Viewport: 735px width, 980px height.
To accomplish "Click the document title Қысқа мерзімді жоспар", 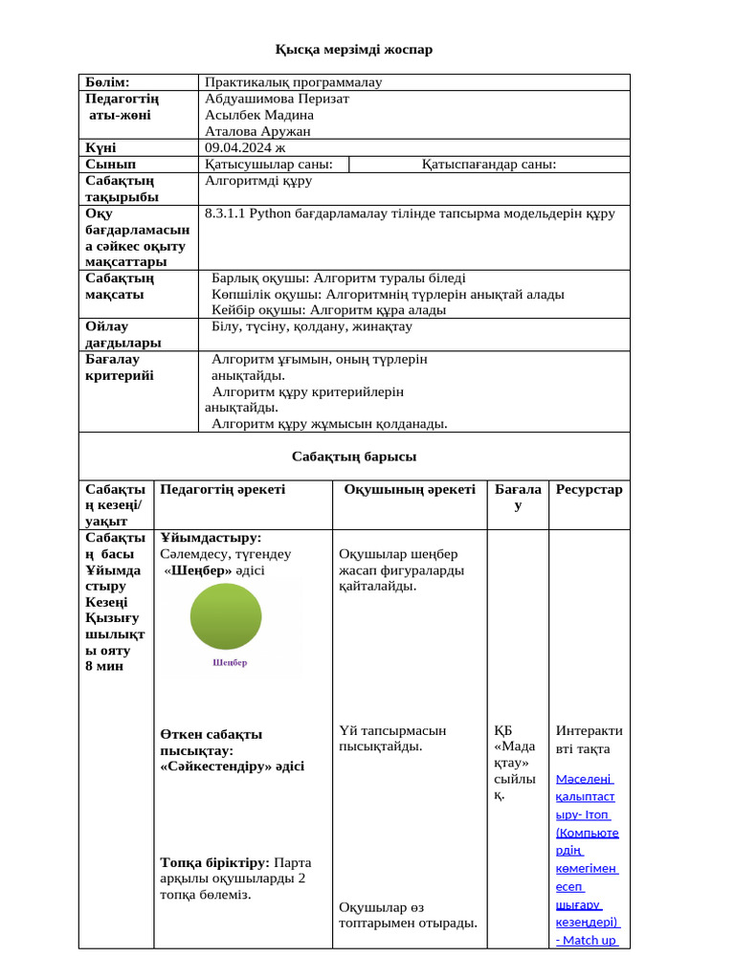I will pos(354,49).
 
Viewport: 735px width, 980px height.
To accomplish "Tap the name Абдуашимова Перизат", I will pos(277,99).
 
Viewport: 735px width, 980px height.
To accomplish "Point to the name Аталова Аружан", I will pos(257,131).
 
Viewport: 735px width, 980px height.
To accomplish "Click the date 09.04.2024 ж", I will pos(245,147).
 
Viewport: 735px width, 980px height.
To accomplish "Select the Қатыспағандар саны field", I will pos(489,164).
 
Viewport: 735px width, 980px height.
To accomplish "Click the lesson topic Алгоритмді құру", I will pos(258,180).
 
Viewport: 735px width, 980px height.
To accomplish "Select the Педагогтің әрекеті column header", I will pos(223,489).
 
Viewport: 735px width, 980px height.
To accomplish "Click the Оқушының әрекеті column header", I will pos(410,489).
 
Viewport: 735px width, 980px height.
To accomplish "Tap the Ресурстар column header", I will pos(589,489).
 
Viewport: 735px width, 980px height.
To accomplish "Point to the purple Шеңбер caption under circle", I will pos(230,662).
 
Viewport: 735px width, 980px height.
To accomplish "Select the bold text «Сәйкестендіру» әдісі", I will pos(233,767).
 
